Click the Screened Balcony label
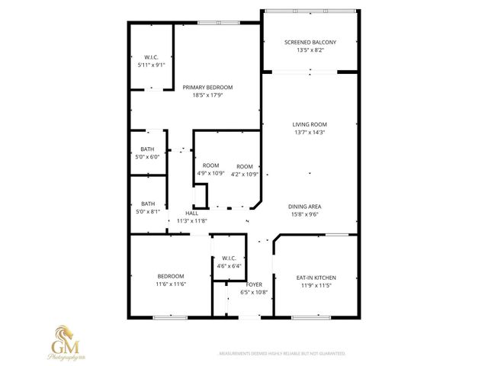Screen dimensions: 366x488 (310, 42)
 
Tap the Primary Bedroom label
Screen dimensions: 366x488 (207, 88)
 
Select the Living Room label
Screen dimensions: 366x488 (310, 124)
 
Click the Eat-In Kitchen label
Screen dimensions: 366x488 (316, 278)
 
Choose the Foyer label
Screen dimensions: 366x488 (254, 284)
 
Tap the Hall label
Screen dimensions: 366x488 (192, 213)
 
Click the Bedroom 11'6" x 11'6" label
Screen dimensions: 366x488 (171, 276)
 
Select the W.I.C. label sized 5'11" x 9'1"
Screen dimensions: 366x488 (151, 57)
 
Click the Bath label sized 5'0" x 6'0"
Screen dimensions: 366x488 (148, 149)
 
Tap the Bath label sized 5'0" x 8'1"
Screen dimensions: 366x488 (148, 204)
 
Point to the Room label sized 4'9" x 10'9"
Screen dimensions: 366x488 (210, 166)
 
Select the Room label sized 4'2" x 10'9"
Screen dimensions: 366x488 (245, 166)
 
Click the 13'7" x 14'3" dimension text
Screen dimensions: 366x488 (310, 132)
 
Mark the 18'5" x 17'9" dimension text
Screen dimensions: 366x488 (207, 95)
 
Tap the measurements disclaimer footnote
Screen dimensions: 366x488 (282, 354)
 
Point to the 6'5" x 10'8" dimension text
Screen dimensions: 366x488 (254, 292)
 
